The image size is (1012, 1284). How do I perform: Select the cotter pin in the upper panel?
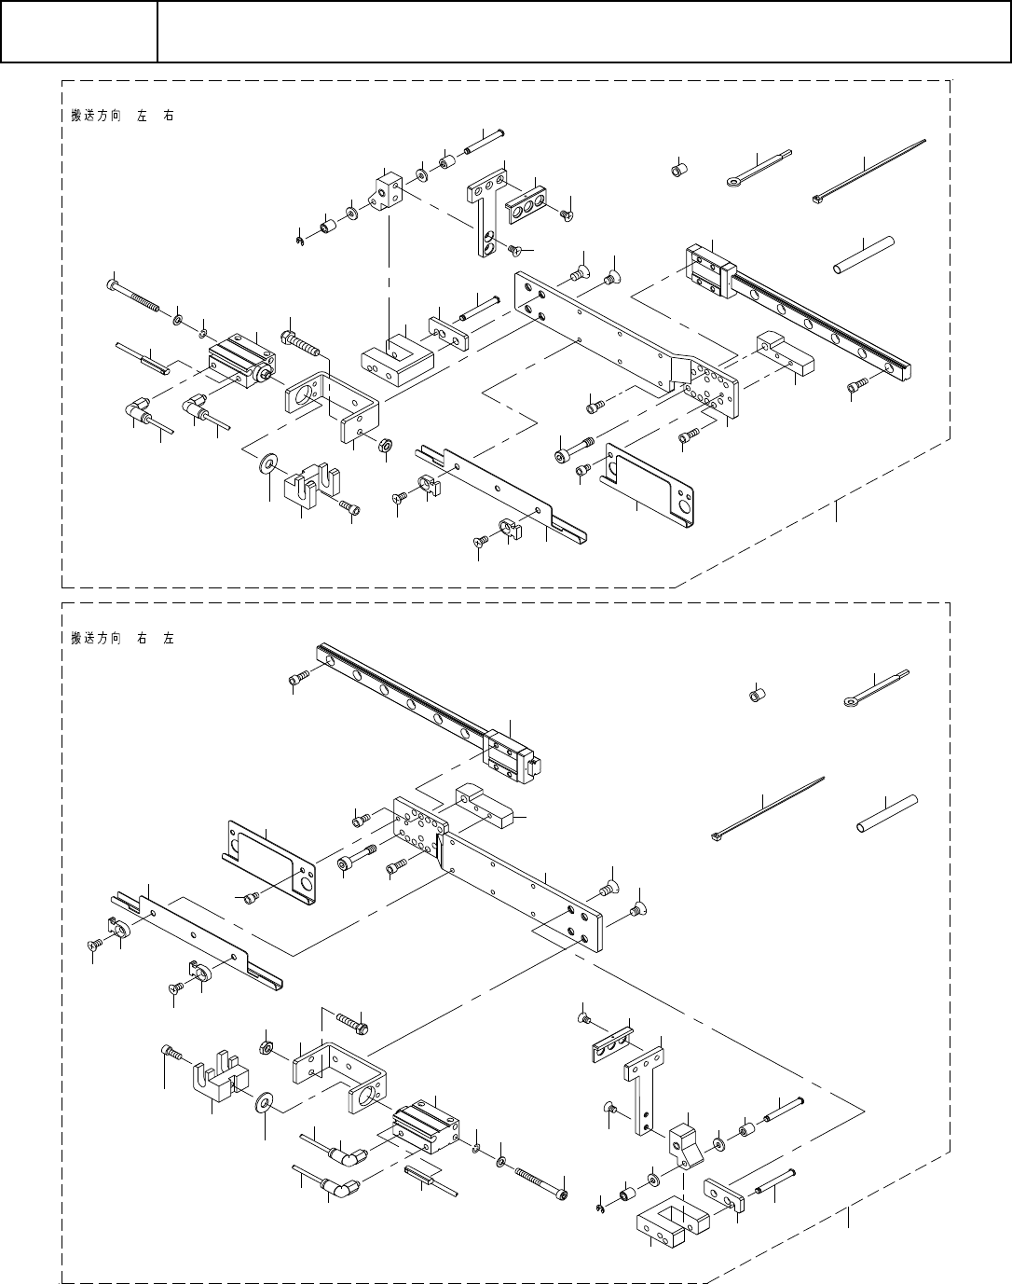pyautogui.click(x=757, y=168)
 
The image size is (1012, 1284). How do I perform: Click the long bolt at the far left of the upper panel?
pyautogui.click(x=140, y=297)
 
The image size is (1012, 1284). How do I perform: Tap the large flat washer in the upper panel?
pyautogui.click(x=270, y=463)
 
